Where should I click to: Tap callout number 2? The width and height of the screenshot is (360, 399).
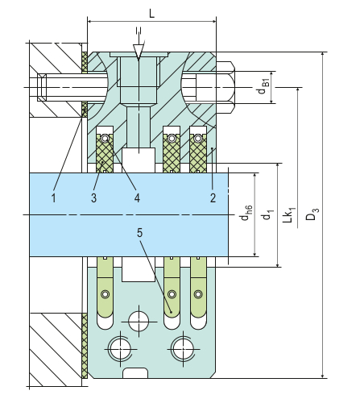[211, 196]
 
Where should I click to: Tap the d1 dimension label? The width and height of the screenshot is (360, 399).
[267, 214]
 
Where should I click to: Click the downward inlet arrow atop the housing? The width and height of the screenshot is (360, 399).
[139, 49]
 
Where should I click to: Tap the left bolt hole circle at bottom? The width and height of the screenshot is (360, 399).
[121, 348]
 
